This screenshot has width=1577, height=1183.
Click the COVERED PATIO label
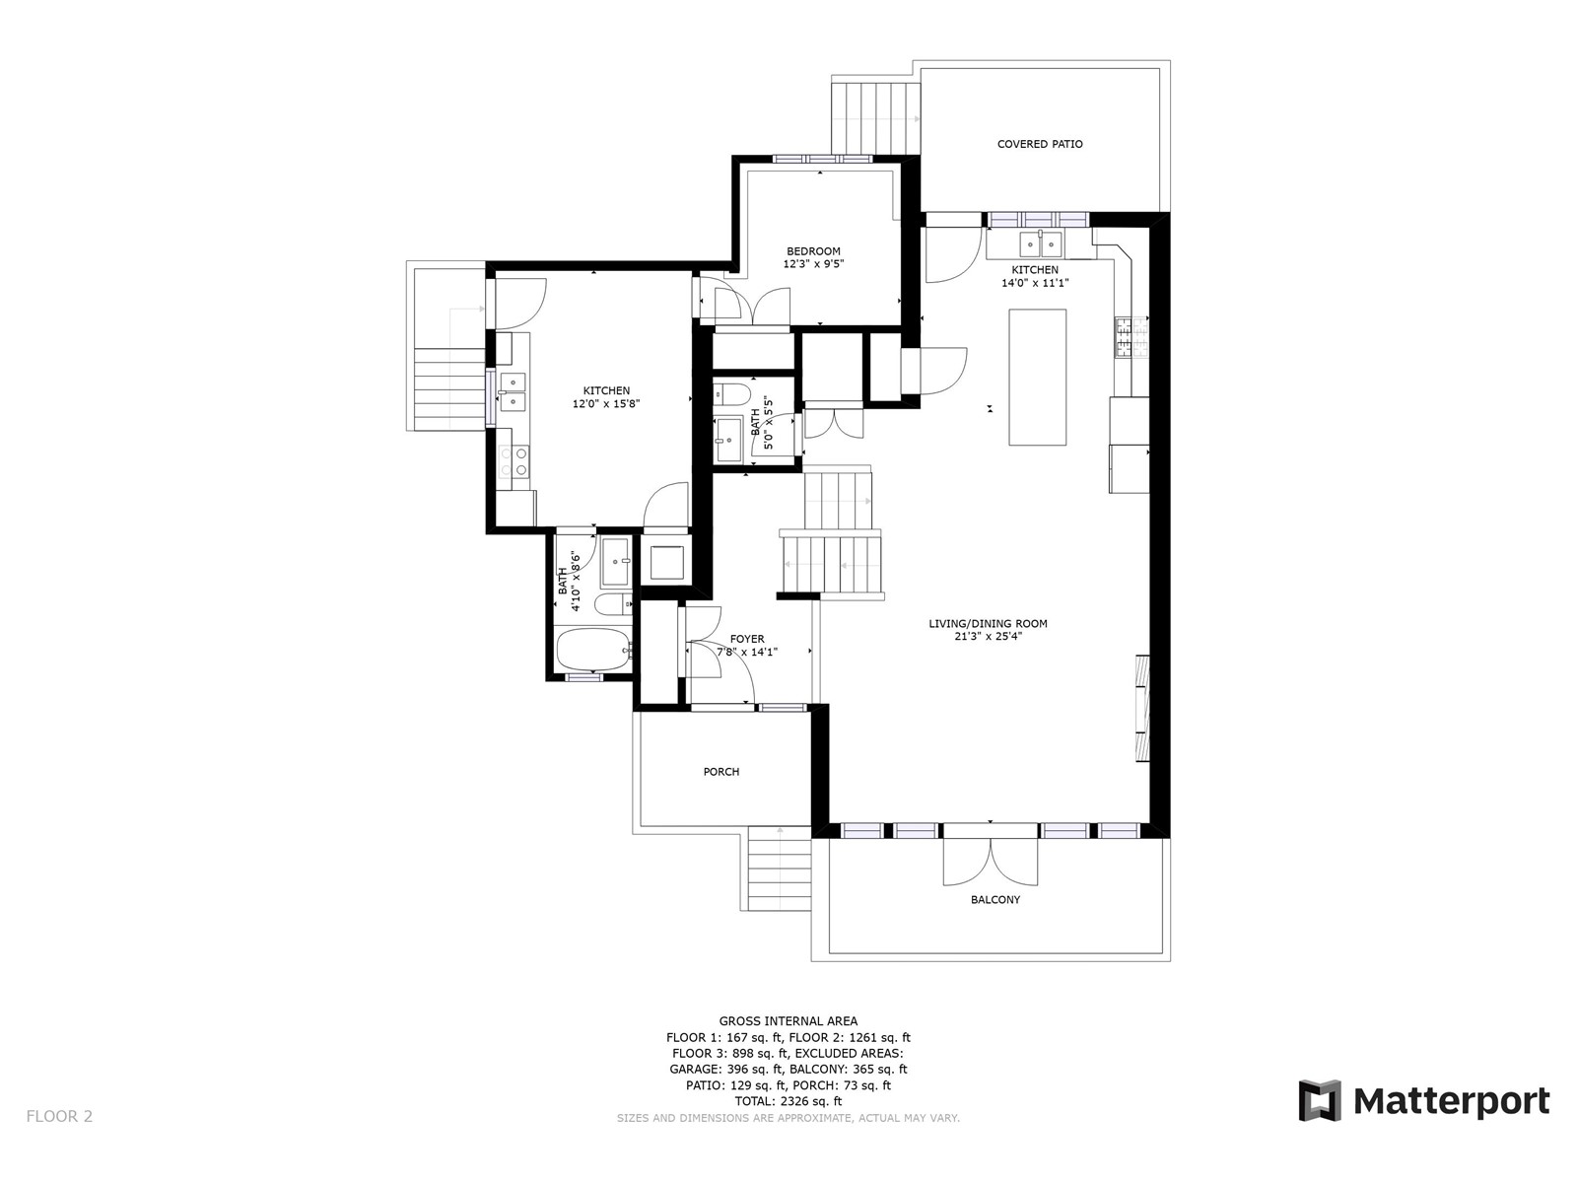click(x=1040, y=144)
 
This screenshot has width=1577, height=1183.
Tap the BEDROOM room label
click(x=813, y=251)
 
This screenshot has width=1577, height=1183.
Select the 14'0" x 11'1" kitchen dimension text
click(x=1035, y=283)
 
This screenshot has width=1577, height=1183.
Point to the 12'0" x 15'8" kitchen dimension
click(x=605, y=403)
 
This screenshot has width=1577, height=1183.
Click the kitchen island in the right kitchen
click(x=1037, y=378)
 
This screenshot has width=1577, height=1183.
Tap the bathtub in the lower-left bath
click(x=593, y=650)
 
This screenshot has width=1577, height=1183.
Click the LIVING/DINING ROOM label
click(x=988, y=623)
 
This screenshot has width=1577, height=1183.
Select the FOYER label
click(x=747, y=639)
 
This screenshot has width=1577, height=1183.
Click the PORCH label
click(x=721, y=772)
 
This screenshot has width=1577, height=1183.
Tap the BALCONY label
click(x=995, y=900)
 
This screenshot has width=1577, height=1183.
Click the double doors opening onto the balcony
click(x=990, y=862)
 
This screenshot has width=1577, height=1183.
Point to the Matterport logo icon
click(x=1320, y=1100)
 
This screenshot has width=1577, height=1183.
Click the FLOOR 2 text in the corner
click(x=60, y=1116)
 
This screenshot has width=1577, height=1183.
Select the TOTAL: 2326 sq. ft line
click(x=788, y=1101)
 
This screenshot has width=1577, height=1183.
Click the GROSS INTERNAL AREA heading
click(x=788, y=1021)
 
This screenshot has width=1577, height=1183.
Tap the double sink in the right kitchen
click(x=1041, y=244)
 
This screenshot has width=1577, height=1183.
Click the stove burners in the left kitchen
click(x=514, y=461)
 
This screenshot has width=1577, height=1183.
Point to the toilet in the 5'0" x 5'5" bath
click(x=731, y=393)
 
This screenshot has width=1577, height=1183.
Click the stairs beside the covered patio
click(x=876, y=118)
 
